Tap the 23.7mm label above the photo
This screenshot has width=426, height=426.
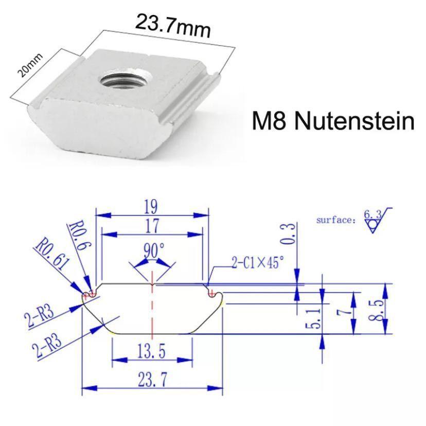coord(172,26)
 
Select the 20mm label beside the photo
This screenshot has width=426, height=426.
coord(30,65)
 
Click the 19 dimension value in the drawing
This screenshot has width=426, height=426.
coord(151,207)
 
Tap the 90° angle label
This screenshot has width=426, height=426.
coord(154,250)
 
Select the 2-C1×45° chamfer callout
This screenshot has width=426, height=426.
coord(258,262)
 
